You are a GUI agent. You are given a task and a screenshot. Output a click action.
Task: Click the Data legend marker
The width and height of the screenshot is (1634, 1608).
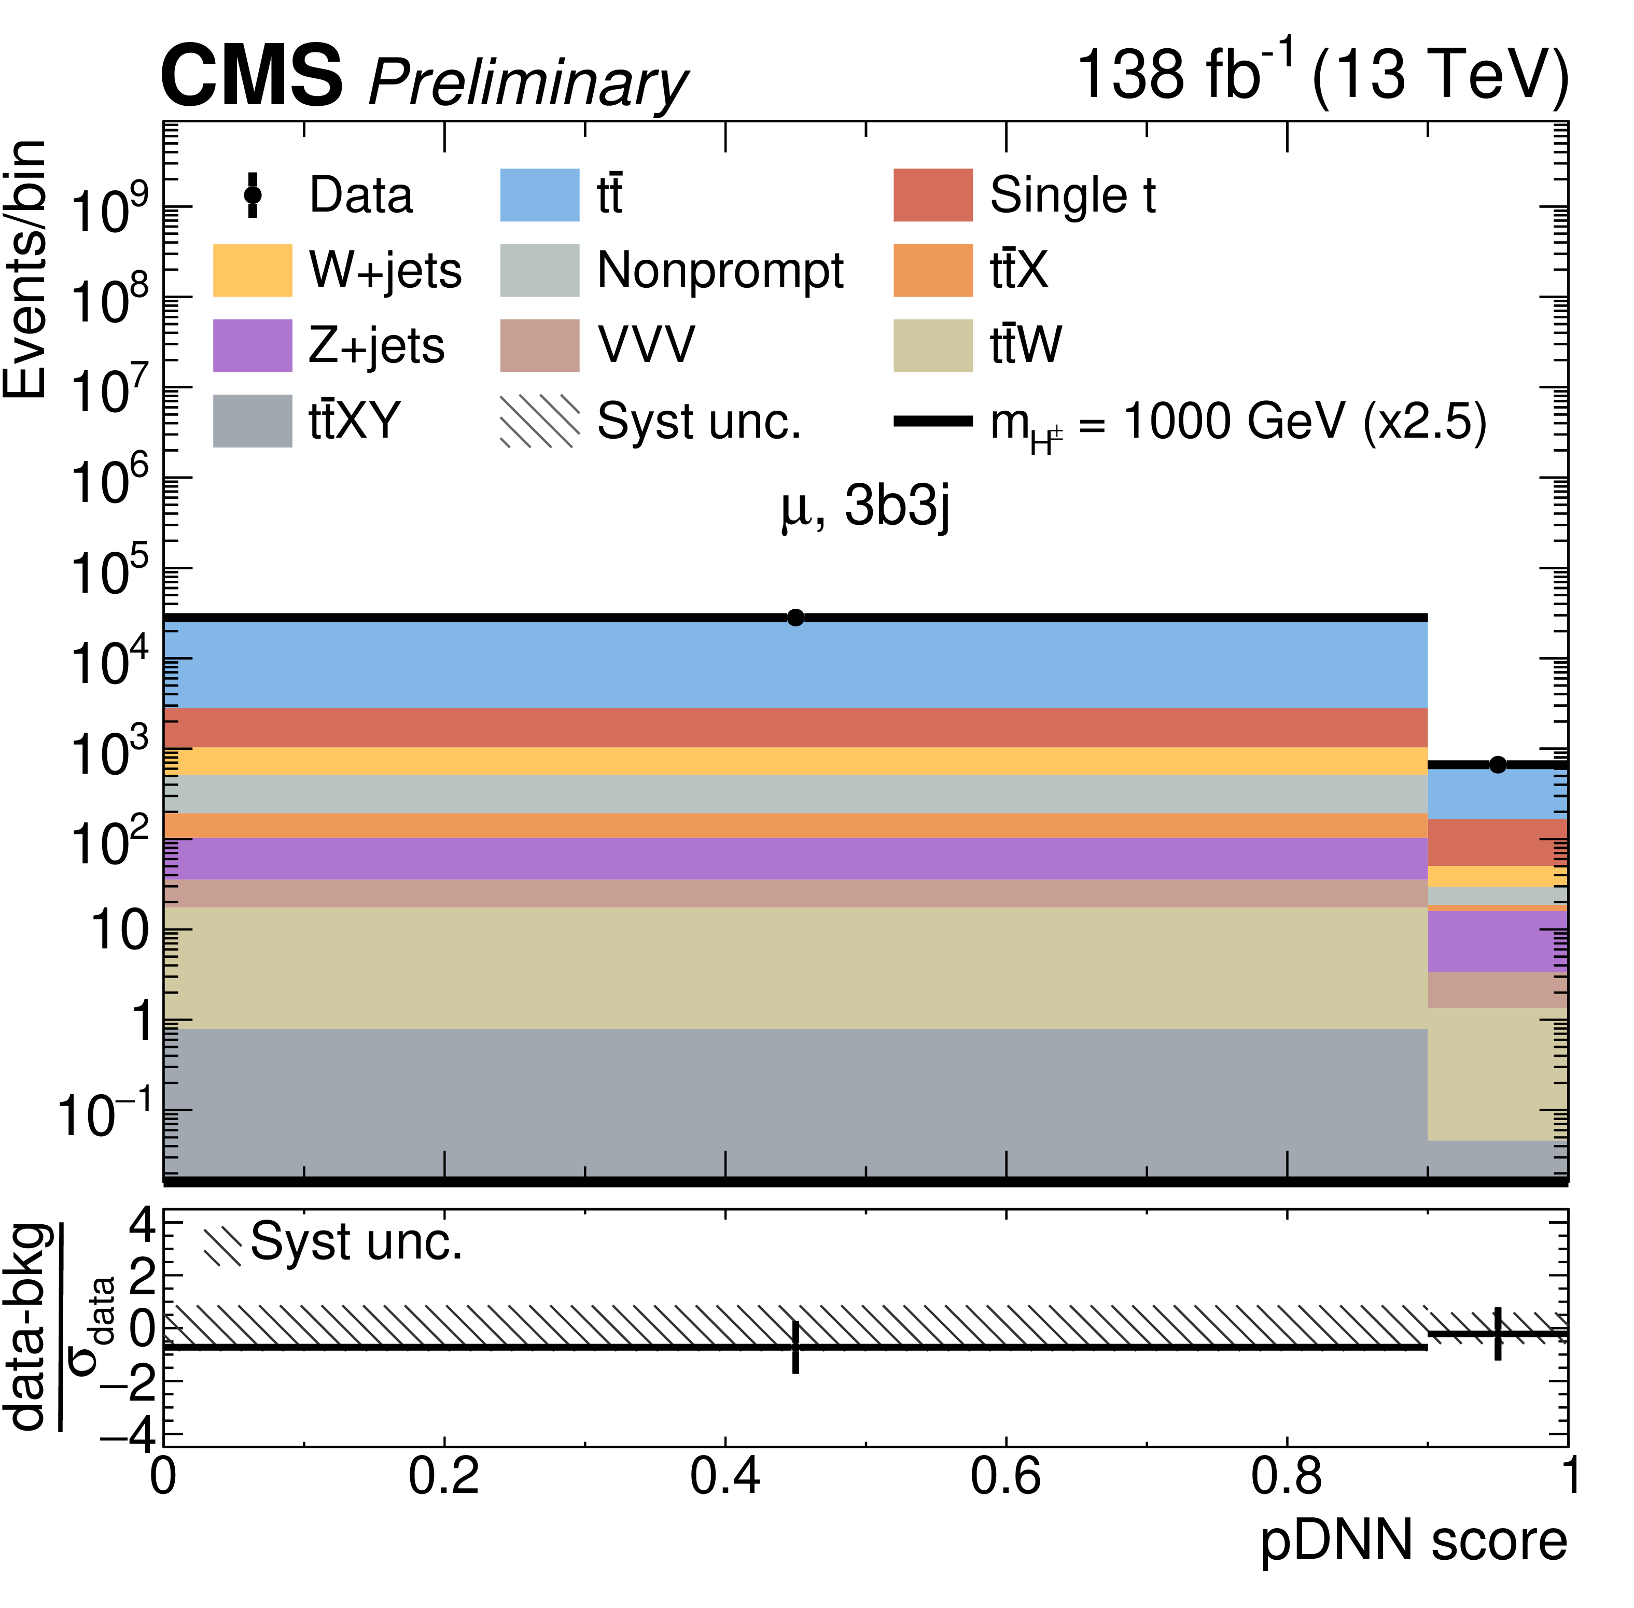[252, 195]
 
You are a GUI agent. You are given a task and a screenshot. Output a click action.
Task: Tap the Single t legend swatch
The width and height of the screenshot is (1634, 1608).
[932, 195]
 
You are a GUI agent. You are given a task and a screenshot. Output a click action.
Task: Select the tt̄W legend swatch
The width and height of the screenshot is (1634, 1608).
[932, 345]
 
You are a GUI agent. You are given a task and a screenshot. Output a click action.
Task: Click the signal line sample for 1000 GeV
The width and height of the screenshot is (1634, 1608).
[932, 421]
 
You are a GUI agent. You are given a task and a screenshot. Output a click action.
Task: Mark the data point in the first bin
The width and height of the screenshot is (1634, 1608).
[794, 618]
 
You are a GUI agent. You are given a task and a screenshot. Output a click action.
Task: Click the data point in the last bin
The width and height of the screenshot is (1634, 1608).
[1497, 764]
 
